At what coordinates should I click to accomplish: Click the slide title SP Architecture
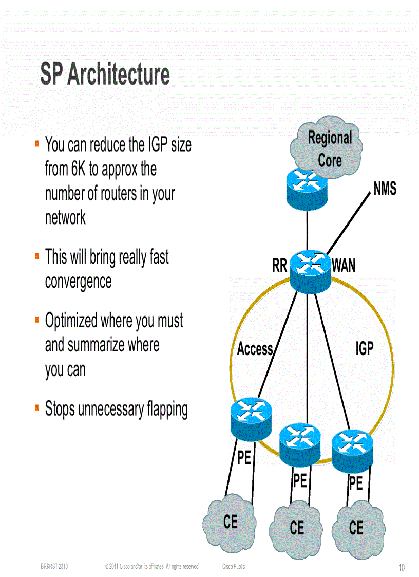coord(105,74)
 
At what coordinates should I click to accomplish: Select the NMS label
coord(385,189)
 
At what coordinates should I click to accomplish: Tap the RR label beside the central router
coord(279,266)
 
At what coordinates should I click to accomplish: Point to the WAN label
coord(344,266)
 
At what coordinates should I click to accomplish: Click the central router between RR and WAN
coord(310,271)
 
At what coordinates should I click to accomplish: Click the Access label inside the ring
coord(255,349)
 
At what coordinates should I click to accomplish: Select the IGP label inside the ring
coord(364,349)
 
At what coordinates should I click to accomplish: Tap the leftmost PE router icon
coord(251,418)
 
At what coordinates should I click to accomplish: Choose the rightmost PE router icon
coord(352,450)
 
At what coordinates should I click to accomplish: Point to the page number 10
coord(401,568)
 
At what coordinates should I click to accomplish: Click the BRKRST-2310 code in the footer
coord(54,566)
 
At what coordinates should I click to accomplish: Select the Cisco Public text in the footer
coord(234,566)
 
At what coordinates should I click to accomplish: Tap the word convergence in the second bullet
coord(78,282)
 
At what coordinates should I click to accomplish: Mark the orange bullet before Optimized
coord(37,320)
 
